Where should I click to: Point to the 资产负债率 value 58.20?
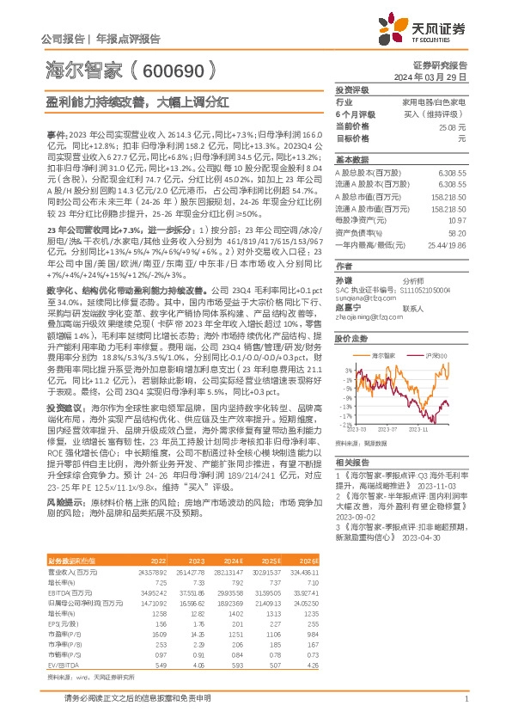point(456,232)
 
